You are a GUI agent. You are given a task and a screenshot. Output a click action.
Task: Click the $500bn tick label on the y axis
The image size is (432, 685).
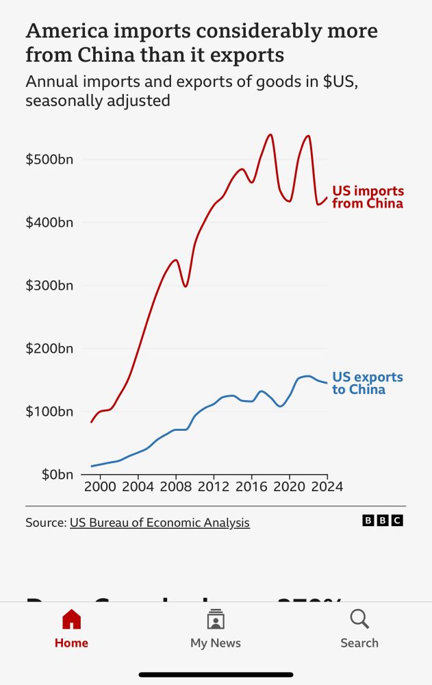click(49, 160)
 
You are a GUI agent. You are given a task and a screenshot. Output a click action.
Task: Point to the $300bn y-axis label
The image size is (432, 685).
click(49, 286)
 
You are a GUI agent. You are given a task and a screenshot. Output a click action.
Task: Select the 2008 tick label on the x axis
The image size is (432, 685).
click(175, 487)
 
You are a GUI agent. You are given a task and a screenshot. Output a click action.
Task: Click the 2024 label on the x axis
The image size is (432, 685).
click(327, 487)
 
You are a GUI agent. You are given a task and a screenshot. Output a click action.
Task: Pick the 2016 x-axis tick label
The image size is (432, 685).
click(251, 487)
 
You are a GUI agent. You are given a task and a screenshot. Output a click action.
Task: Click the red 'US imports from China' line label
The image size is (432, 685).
click(368, 197)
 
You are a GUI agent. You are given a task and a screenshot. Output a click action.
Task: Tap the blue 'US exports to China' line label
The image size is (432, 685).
click(368, 384)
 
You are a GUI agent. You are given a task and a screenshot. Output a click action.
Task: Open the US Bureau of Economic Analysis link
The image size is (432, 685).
click(160, 523)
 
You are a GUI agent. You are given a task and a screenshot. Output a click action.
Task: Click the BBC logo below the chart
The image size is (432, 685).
click(383, 521)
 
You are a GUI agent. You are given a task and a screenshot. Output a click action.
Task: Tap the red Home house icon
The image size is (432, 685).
click(71, 620)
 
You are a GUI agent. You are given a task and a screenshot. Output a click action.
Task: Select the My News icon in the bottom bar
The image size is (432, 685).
click(216, 619)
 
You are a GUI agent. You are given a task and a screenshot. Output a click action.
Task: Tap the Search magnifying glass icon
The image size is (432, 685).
click(359, 619)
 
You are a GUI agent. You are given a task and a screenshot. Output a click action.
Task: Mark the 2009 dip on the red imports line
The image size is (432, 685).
click(186, 286)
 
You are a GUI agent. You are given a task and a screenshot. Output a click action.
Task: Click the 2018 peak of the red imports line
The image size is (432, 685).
click(270, 135)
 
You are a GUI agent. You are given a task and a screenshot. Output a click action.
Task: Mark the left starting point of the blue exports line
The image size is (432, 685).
click(92, 466)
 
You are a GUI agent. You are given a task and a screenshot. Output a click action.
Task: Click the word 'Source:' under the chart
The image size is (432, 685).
click(46, 523)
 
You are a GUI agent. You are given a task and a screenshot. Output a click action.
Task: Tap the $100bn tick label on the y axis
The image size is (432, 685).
click(49, 412)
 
